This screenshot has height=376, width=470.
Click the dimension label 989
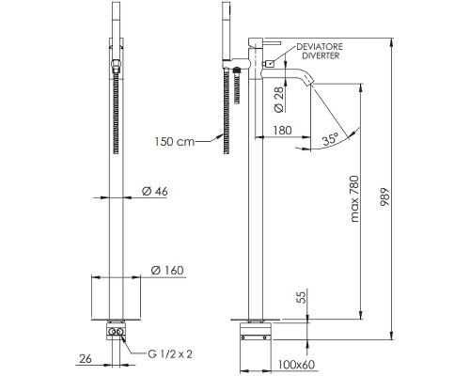384,196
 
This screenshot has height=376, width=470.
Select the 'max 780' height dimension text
354,199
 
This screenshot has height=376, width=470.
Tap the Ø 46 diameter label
155,191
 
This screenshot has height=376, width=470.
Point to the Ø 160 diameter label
167,270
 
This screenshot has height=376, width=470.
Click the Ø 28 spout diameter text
279,100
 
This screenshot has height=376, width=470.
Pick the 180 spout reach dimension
283,130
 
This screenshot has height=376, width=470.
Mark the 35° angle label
331,138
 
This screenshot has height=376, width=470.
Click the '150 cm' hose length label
174,142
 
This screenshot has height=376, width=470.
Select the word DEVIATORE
320,47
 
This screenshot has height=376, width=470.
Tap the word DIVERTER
321,55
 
